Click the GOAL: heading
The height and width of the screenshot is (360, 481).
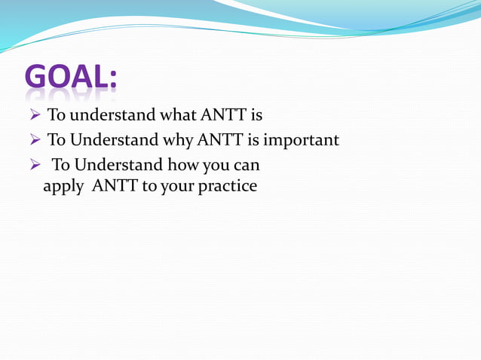pyautogui.click(x=70, y=78)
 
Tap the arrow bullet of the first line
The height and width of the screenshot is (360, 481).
pyautogui.click(x=35, y=116)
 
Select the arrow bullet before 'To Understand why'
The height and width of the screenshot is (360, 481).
pyautogui.click(x=35, y=141)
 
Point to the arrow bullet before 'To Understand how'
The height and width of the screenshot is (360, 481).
pyautogui.click(x=35, y=165)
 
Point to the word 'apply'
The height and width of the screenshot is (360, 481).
pyautogui.click(x=63, y=186)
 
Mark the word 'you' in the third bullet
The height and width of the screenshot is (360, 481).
pyautogui.click(x=216, y=164)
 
